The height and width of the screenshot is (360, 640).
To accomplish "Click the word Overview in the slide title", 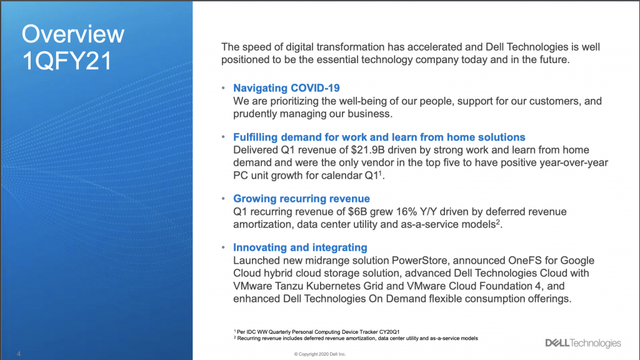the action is tap(73, 34).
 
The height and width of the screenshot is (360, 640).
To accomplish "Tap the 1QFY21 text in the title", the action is tap(67, 61).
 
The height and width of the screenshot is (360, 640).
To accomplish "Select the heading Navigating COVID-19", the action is tap(286, 88).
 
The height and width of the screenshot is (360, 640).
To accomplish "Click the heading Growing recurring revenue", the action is tap(302, 199).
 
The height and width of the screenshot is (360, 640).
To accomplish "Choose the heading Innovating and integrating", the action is tap(300, 247).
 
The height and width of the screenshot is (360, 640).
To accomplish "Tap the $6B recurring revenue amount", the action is tap(355, 212).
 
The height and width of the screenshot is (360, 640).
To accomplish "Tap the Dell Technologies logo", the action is tap(583, 343).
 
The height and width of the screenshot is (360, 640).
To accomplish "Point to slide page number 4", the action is tap(19, 354).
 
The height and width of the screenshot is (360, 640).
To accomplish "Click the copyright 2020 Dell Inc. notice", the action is tap(320, 354).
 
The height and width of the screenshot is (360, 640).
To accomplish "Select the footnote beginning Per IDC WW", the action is tap(317, 332).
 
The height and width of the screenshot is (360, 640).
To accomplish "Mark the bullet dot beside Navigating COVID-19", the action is tap(223, 87).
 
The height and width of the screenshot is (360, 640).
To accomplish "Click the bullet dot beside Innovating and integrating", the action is tap(223, 247).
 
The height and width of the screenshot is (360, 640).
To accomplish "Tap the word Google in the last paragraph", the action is tap(577, 261).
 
